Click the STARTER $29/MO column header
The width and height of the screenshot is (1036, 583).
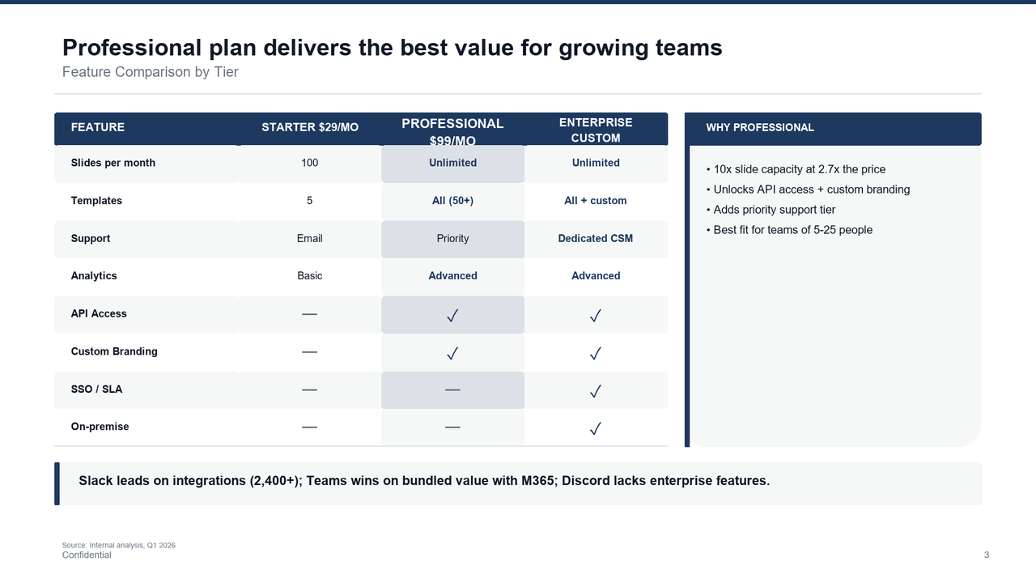point(309,127)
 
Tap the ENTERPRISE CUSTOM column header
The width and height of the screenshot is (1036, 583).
point(596,130)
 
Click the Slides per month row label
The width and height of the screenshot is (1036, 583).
point(113,163)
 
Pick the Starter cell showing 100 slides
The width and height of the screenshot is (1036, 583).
point(309,163)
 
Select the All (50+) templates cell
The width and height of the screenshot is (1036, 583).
point(452,201)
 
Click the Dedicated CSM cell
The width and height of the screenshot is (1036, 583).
point(596,238)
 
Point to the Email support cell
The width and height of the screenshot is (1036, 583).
point(309,238)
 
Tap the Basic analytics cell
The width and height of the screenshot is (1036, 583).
point(309,276)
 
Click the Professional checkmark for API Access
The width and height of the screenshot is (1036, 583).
point(452,315)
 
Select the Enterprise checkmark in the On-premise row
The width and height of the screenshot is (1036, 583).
point(596,428)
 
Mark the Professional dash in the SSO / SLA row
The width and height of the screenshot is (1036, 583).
point(452,389)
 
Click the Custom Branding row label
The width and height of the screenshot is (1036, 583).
point(114,351)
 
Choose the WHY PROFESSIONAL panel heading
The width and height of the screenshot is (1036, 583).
point(759,127)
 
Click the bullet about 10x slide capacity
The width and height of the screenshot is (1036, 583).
point(799,169)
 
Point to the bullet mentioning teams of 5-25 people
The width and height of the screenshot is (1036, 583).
point(792,230)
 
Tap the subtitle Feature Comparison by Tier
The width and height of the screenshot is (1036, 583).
point(150,72)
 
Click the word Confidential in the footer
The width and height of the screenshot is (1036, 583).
point(87,555)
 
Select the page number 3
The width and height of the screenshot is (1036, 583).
point(986,555)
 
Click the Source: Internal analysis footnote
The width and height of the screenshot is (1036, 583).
point(119,545)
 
